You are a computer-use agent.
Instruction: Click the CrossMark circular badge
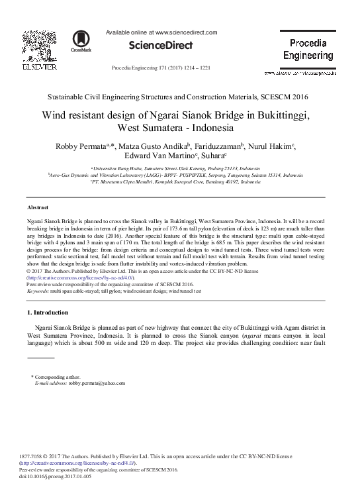pos(82,41)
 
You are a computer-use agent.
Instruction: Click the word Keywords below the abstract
pos(41,291)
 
